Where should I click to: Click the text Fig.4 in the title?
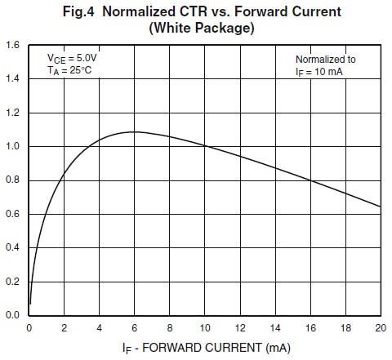coord(86,11)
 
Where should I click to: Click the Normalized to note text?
coord(326,60)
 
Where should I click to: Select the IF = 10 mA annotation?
coord(321,72)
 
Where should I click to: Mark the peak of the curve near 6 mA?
coord(134,131)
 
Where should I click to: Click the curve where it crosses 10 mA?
coord(204,146)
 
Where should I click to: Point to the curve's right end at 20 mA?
coord(380,206)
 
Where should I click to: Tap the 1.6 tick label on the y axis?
coord(13,46)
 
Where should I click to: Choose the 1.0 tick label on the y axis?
coord(13,147)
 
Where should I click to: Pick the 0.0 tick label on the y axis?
coord(13,315)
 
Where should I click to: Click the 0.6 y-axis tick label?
coord(13,214)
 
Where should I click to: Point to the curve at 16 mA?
coord(310,180)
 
